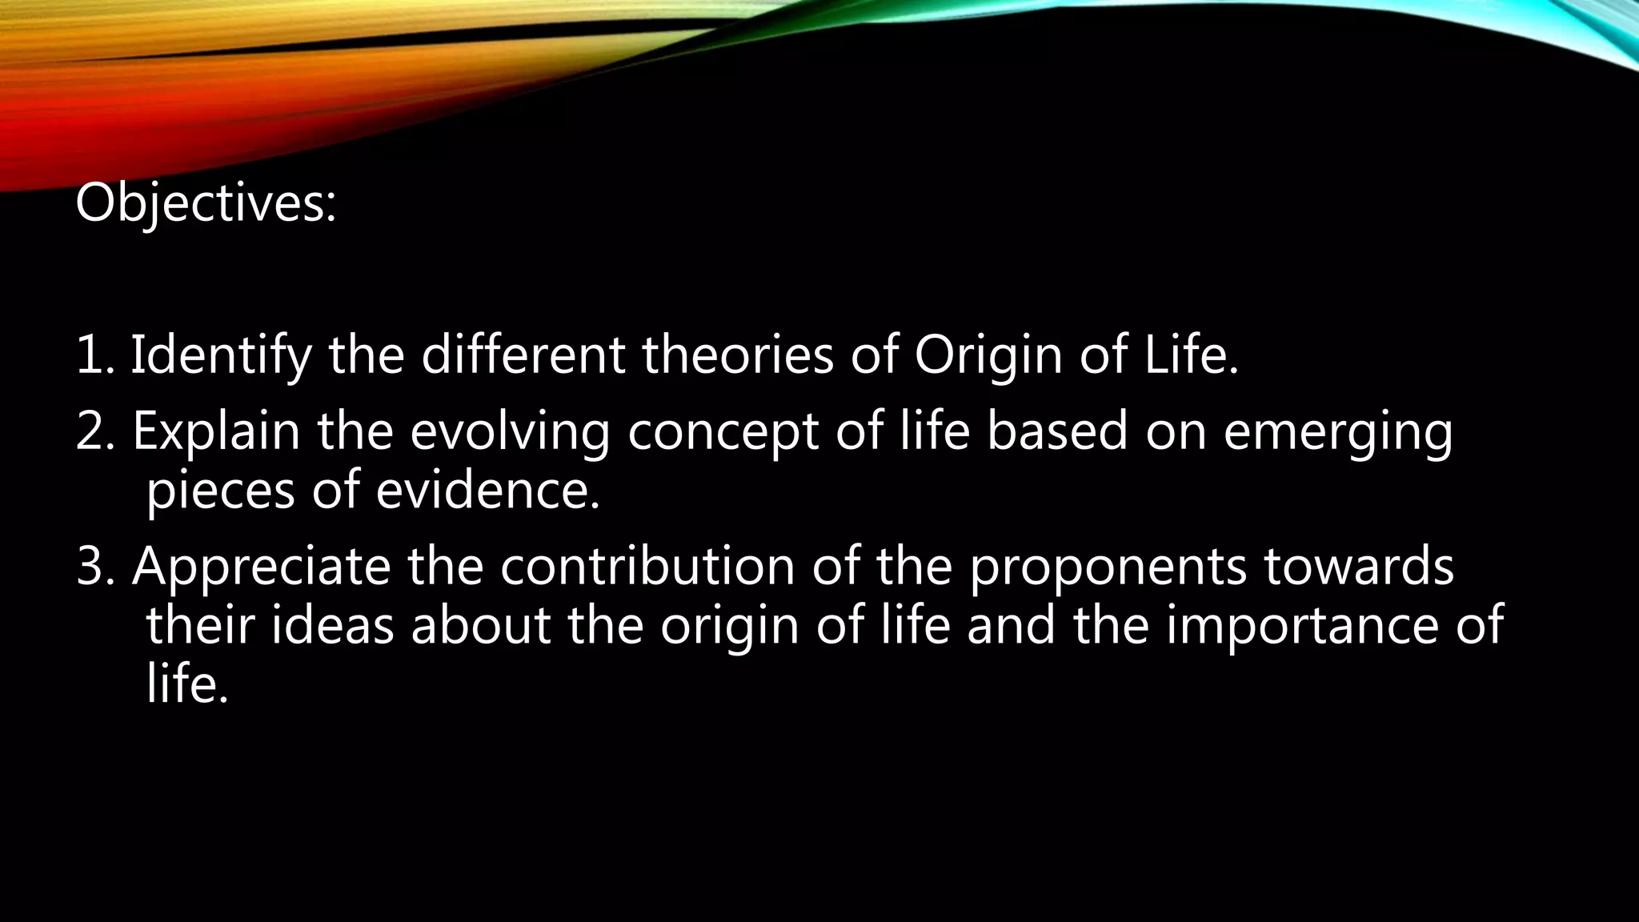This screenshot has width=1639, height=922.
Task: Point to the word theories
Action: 737,355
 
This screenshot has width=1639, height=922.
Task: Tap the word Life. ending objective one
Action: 1192,355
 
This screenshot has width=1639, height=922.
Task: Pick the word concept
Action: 723,431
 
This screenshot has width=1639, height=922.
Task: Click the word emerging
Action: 1337,431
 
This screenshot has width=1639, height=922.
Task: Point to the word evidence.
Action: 487,490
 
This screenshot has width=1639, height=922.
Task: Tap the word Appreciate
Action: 262,567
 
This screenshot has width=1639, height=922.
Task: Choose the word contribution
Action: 647,567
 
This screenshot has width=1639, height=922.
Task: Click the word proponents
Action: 1108,567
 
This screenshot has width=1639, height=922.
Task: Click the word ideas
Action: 333,625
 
